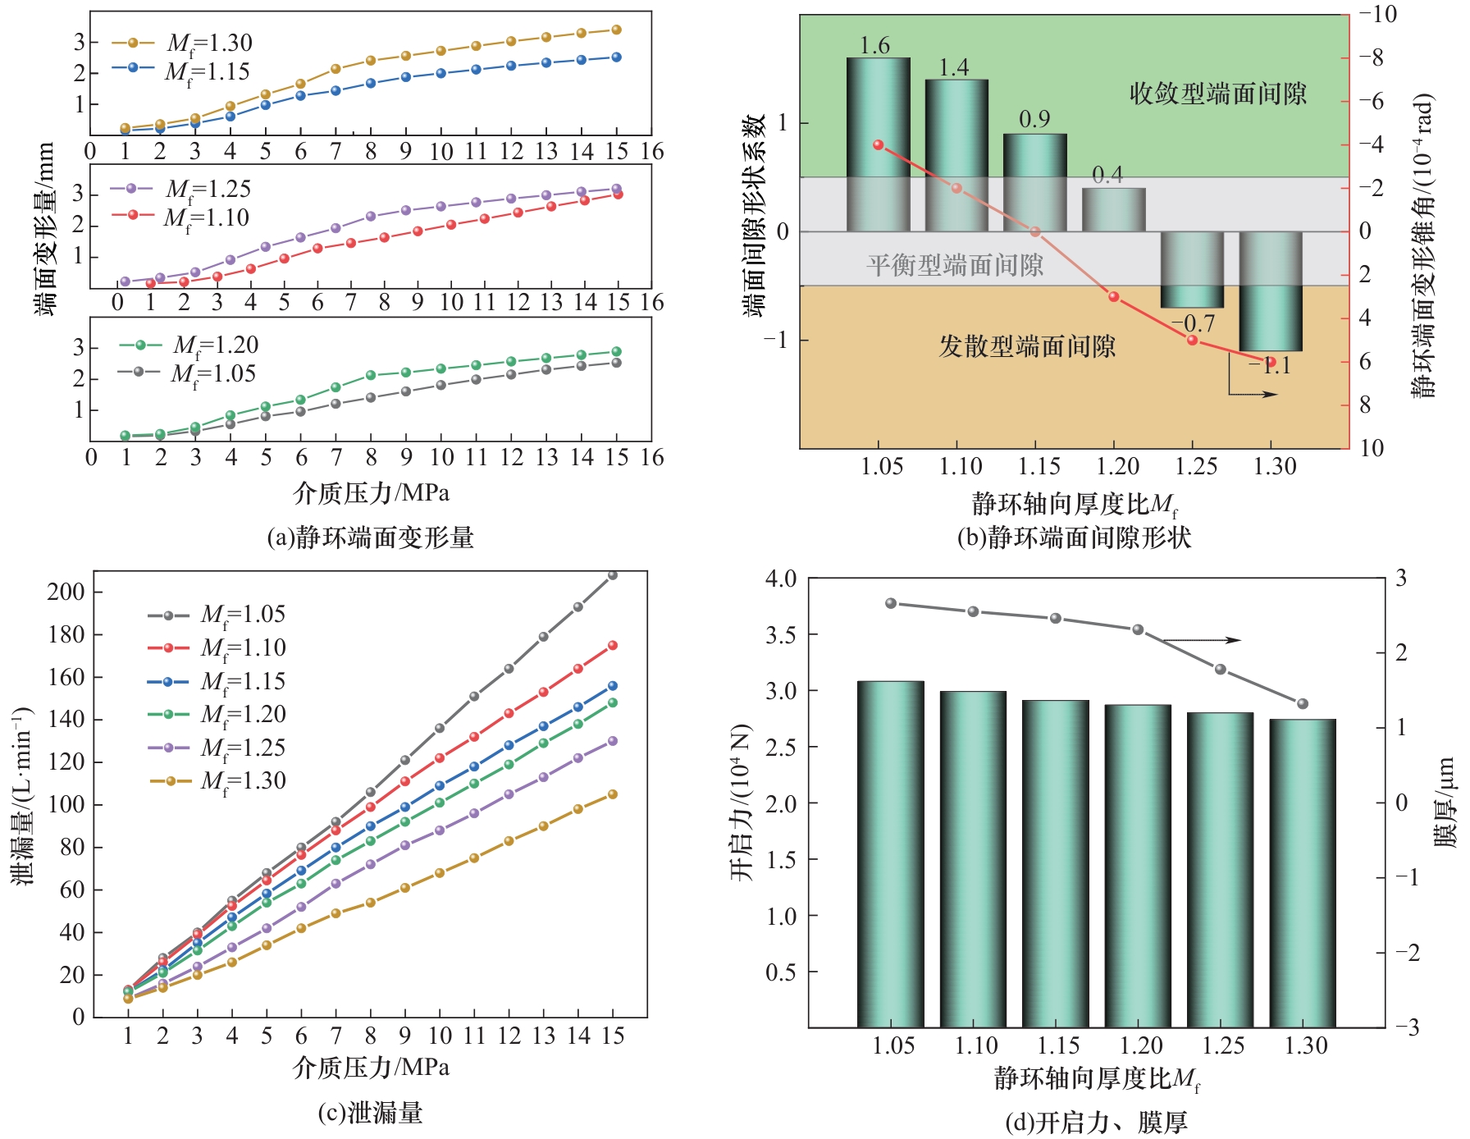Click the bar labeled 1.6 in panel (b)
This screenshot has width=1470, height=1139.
(x=878, y=144)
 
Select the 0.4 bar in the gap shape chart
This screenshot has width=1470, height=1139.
(x=1113, y=210)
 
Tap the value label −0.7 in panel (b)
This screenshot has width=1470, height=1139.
(x=1198, y=323)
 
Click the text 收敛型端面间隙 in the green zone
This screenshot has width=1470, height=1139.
(x=1217, y=94)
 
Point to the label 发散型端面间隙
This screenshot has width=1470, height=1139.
(x=1027, y=346)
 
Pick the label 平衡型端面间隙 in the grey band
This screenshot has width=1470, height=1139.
(x=955, y=265)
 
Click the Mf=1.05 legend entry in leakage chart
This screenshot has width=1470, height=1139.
(x=217, y=615)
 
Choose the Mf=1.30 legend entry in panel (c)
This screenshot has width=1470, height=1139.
(x=217, y=781)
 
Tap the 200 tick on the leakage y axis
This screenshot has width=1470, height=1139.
(x=66, y=592)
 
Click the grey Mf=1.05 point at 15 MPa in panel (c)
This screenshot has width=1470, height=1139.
(x=612, y=575)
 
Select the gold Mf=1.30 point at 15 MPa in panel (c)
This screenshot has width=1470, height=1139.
(x=612, y=794)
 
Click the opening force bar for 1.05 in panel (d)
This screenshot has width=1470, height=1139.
(x=890, y=853)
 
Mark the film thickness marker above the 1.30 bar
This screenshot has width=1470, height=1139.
(x=1303, y=703)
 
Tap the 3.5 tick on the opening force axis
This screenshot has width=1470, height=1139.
(x=780, y=635)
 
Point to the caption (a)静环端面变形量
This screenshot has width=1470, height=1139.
(x=371, y=537)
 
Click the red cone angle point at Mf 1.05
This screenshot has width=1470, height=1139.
(x=879, y=145)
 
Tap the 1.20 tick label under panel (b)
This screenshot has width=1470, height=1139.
(x=1117, y=467)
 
